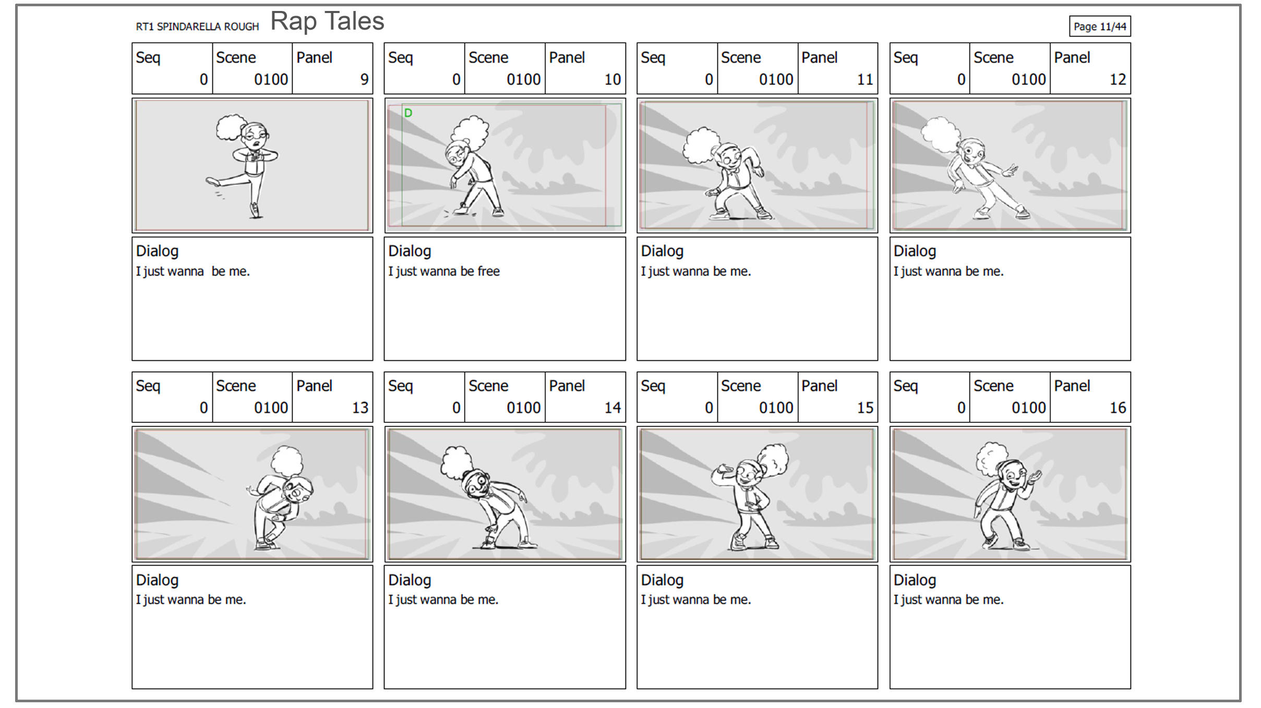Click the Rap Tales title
click(327, 21)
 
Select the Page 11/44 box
click(1100, 26)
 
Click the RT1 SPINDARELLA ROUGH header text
click(197, 27)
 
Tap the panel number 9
click(364, 79)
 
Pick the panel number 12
click(1118, 79)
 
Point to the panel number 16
click(1118, 408)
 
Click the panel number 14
click(613, 408)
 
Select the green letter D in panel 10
click(408, 113)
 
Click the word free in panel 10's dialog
click(488, 271)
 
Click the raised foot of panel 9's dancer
click(212, 181)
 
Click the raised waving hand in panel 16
click(1033, 479)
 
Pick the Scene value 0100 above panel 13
click(271, 408)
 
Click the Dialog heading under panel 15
click(662, 580)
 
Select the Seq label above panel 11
click(653, 58)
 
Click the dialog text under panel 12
click(948, 271)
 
